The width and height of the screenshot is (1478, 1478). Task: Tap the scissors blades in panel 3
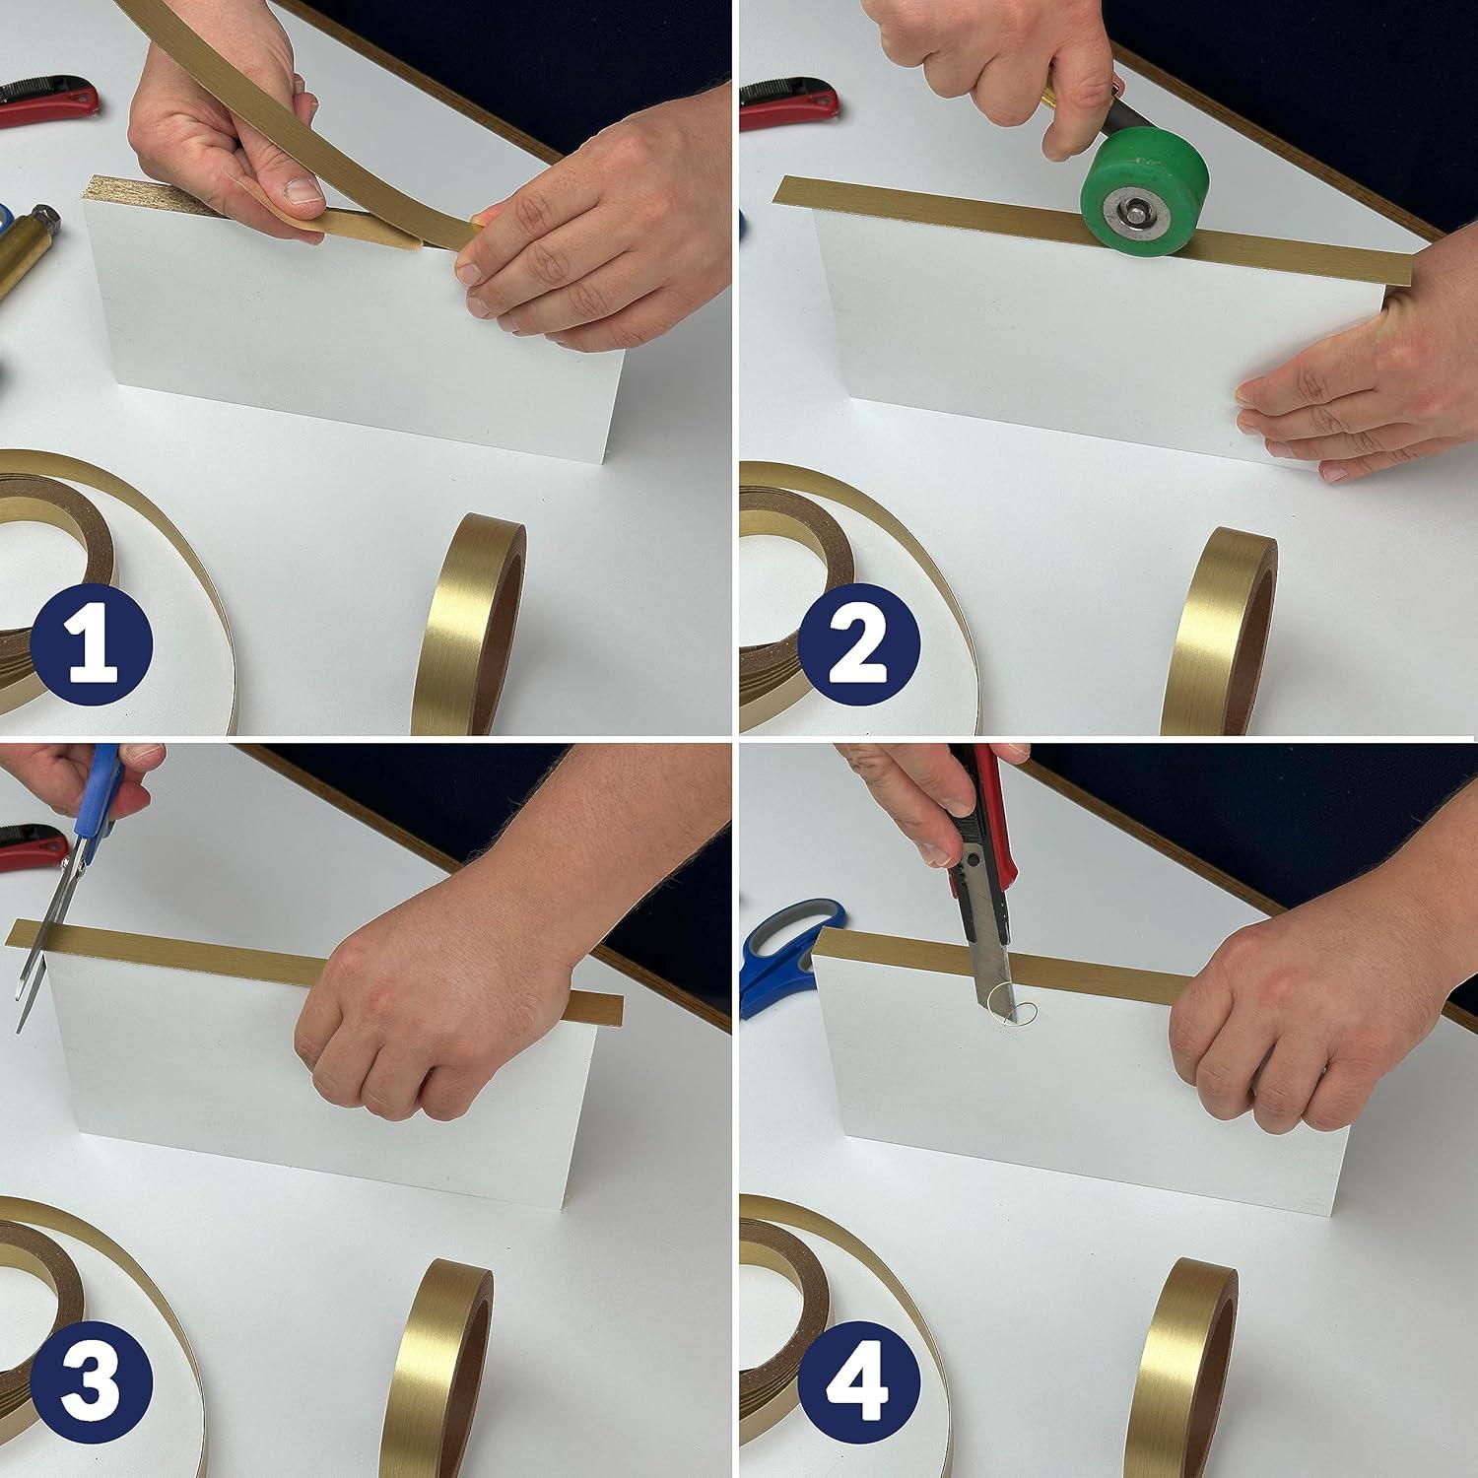coord(45,946)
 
